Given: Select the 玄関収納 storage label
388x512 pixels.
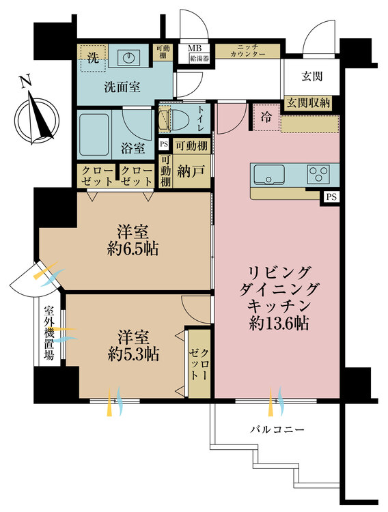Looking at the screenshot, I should tap(309, 102).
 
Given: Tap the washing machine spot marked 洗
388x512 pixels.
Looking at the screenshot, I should tap(94, 57).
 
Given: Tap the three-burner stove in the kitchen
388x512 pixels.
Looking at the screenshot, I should tap(318, 173).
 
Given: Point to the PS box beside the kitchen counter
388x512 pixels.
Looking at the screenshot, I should tap(331, 197).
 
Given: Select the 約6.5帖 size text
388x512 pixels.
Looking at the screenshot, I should tap(133, 249).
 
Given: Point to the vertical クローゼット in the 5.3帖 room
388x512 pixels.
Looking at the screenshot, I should tap(199, 363).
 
